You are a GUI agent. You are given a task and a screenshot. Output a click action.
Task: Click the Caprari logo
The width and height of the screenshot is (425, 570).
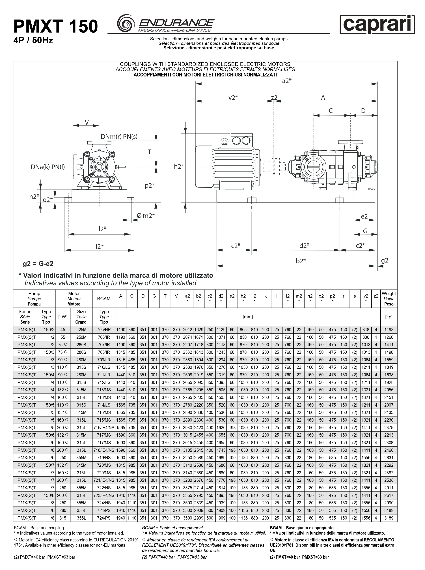point(377,25)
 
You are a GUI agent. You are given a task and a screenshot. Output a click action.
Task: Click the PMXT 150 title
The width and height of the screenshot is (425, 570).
point(56,26)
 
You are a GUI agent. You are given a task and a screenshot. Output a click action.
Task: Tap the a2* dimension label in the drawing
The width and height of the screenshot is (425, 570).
point(287,81)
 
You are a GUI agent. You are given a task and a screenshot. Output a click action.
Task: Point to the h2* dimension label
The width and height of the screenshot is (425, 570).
point(179,166)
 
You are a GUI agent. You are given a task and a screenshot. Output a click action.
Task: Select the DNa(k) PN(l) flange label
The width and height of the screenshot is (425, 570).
point(48,167)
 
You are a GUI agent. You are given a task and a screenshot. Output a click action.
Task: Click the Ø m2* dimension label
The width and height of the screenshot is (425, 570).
point(146,215)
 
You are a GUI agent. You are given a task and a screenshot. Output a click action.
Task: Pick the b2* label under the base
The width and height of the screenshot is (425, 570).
point(301,261)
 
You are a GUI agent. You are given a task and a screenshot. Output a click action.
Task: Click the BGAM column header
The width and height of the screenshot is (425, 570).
point(104,299)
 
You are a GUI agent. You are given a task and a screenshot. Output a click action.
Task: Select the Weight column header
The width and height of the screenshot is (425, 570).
point(389,299)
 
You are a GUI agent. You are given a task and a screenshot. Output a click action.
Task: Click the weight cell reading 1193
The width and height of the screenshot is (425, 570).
point(389,330)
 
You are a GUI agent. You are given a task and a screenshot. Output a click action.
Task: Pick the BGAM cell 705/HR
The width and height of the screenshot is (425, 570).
point(104,330)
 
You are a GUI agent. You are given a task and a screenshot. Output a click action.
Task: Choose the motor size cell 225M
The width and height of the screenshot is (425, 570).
point(81,330)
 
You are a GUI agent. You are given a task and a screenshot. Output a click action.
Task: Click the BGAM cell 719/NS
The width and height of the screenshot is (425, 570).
point(104,458)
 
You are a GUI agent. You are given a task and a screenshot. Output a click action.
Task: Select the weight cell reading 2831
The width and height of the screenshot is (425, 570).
point(389,458)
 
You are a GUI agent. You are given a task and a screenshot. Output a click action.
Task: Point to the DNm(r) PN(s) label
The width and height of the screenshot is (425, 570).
point(119,136)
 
